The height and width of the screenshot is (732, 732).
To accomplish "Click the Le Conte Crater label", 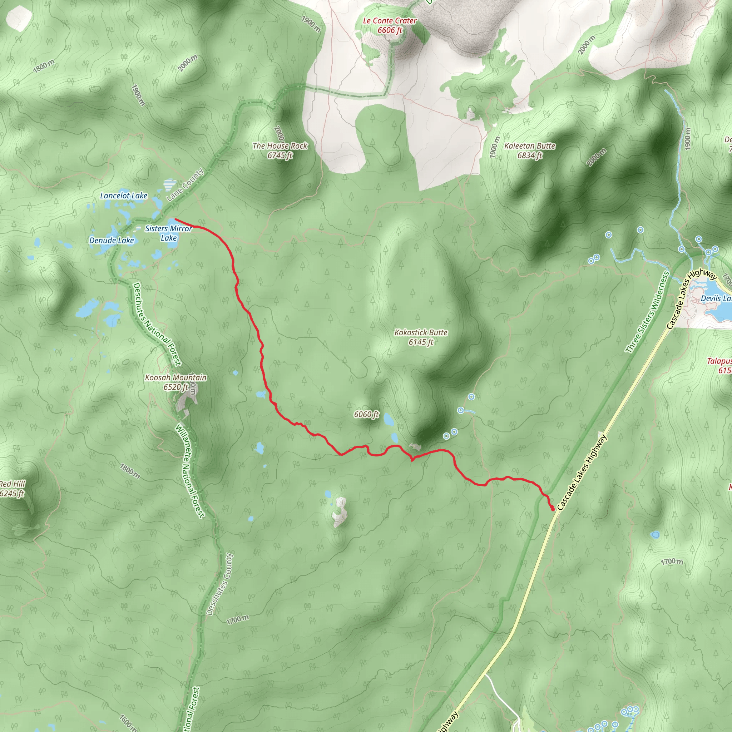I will (390, 25).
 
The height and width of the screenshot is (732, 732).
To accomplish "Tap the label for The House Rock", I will (280, 150).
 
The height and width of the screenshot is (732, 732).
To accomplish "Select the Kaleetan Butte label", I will (530, 150).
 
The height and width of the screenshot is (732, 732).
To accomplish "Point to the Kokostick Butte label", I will (421, 337).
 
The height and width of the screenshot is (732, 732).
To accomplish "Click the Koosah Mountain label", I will (176, 382).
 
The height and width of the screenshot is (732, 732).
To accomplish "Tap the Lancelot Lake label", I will (124, 196).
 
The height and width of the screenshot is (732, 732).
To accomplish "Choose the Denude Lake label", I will (112, 240).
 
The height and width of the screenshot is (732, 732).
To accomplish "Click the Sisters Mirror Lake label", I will (169, 233).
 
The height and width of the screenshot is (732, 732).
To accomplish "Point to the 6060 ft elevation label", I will (366, 415).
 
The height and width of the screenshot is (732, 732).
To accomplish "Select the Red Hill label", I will (12, 488).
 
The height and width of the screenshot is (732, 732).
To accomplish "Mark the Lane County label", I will (185, 185).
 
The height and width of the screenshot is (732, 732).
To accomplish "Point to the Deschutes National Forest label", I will (157, 324).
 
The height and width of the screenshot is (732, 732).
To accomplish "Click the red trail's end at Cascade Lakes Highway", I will (553, 510).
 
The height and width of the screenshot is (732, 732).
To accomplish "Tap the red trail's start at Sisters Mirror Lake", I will (175, 219).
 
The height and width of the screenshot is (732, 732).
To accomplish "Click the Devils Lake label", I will (716, 298).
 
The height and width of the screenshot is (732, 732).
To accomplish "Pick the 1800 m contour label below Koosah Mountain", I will (130, 471).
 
